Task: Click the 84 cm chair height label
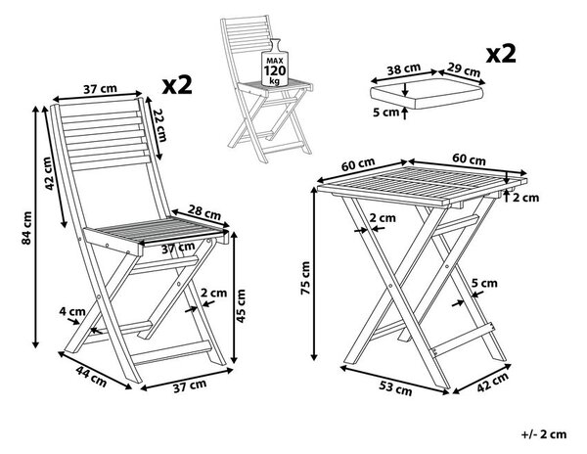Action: click(x=26, y=228)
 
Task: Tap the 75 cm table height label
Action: click(x=306, y=278)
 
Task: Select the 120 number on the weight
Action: click(x=275, y=70)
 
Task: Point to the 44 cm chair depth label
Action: click(x=91, y=376)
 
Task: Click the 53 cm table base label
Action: click(x=395, y=388)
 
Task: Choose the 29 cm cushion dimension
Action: click(x=464, y=69)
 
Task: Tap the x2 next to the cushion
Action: click(x=501, y=54)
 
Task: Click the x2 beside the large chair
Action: click(x=177, y=85)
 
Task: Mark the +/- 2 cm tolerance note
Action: click(x=544, y=434)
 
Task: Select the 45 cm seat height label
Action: click(x=241, y=306)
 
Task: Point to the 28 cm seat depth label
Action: click(x=204, y=212)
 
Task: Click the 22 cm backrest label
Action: click(x=159, y=125)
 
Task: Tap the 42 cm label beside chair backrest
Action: click(x=48, y=173)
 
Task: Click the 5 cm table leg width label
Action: click(x=484, y=284)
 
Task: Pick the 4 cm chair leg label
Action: click(x=72, y=311)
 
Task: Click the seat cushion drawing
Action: click(x=427, y=94)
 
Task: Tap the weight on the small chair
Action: click(x=275, y=63)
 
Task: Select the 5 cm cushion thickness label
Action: click(x=386, y=112)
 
